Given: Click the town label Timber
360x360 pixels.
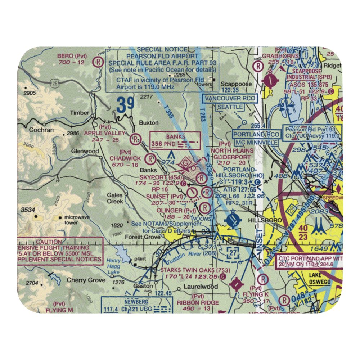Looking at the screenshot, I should (80, 113).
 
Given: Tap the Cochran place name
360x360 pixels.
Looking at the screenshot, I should (41, 130).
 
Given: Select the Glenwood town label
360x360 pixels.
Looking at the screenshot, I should (85, 152).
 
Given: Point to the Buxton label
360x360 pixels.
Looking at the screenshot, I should (149, 122).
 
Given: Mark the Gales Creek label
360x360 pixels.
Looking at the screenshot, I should (115, 198).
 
